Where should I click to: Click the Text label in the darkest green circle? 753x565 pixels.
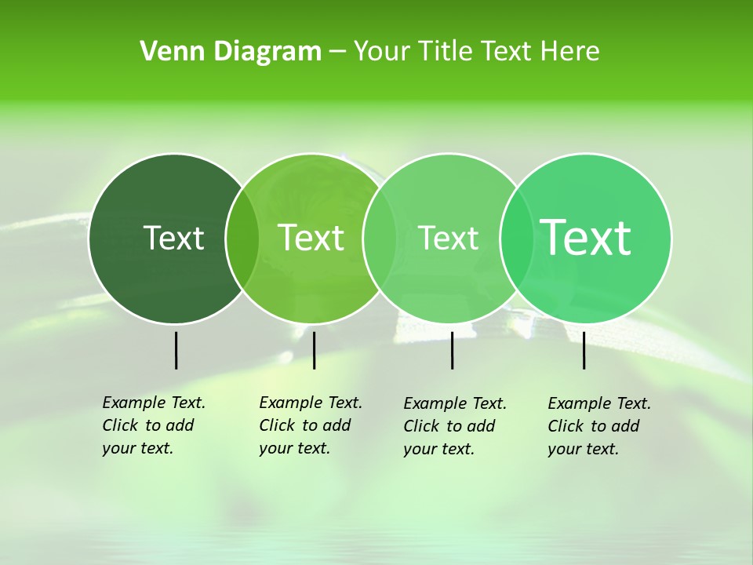(x=173, y=238)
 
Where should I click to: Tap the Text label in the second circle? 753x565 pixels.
(x=311, y=238)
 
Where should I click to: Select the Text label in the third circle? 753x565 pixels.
(x=448, y=238)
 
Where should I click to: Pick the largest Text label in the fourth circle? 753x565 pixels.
(x=585, y=237)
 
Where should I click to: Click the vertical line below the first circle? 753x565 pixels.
(x=176, y=350)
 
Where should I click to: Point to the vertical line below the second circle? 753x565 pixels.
(x=314, y=350)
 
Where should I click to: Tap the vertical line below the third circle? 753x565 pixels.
(x=452, y=350)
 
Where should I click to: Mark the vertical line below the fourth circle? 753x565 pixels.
(x=584, y=350)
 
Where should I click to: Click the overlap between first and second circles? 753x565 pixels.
(x=242, y=238)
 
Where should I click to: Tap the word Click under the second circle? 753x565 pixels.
(x=277, y=425)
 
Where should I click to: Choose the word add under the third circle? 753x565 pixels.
(x=481, y=426)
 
